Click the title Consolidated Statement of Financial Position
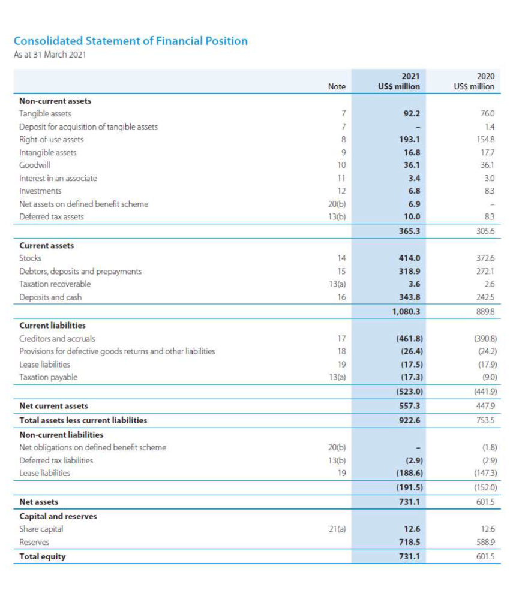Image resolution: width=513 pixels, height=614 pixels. pos(130,41)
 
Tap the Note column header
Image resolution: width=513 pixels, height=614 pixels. pos(337,87)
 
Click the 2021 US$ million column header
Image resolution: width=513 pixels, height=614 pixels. pos(398,82)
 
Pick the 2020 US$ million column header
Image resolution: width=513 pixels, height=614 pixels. pos(474,82)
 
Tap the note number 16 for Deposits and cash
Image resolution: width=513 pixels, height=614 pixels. pos(341,297)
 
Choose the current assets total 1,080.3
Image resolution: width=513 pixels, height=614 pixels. pos(406,311)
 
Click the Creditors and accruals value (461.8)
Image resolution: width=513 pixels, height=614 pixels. pos(408,338)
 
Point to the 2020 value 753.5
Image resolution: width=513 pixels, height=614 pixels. pos(485,420)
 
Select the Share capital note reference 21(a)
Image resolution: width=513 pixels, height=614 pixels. pos(337,529)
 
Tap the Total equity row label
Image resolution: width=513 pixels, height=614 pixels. pos(43,556)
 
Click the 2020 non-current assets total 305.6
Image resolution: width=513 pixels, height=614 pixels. pos(485,231)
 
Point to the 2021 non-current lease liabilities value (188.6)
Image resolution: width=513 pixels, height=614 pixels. pos(408,473)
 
